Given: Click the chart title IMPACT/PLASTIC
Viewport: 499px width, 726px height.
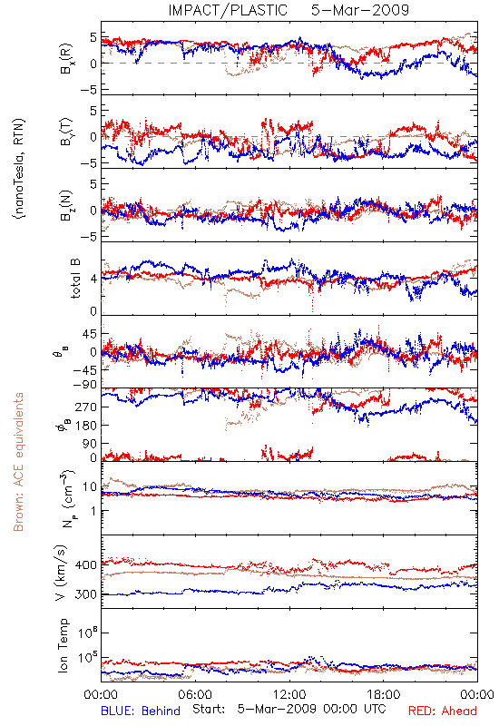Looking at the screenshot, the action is pos(228,10).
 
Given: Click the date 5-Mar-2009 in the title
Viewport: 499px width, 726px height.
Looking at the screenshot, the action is pos(359,10).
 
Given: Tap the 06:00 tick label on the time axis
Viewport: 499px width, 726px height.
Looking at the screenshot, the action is pos(195,694).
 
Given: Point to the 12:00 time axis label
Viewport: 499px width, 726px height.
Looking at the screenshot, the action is pos(289,694).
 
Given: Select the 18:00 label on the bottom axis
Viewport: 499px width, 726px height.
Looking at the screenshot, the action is pos(384,694).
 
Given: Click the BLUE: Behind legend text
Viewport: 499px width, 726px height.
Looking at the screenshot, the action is pos(141,711).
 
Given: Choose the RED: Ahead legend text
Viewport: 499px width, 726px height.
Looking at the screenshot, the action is pos(442,711).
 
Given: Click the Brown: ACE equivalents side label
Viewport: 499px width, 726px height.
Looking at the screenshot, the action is pos(18,462).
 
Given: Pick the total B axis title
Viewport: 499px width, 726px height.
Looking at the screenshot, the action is pos(75,279).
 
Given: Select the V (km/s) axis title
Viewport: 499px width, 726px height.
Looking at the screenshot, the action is pos(61,573).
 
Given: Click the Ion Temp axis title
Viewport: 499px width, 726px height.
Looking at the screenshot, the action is pos(63,645).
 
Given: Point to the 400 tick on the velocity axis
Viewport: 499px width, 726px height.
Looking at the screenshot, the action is pos(85,564).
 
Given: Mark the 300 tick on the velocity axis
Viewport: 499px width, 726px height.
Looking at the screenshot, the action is pos(85,594).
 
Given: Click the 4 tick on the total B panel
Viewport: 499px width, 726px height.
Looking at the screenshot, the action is pos(93,280).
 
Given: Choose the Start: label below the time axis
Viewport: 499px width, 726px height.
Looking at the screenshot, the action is pos(209,709).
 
